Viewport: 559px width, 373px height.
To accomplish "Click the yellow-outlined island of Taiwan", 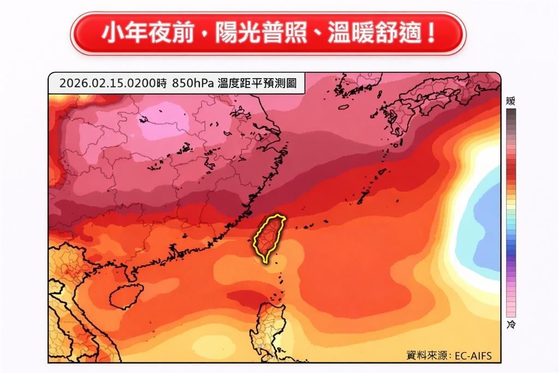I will click(x=267, y=238).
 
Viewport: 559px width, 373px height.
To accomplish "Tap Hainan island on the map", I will click(x=126, y=296).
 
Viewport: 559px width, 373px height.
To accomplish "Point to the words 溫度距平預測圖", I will click(x=257, y=84).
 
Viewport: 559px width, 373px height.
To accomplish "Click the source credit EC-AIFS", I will click(x=473, y=356).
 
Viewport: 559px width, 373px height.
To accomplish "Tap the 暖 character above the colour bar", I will click(x=510, y=101).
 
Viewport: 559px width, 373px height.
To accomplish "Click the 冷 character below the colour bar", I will click(x=510, y=325).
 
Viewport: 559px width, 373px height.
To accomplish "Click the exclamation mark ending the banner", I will click(x=431, y=33).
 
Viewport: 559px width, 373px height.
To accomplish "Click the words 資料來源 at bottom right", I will click(x=426, y=356).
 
